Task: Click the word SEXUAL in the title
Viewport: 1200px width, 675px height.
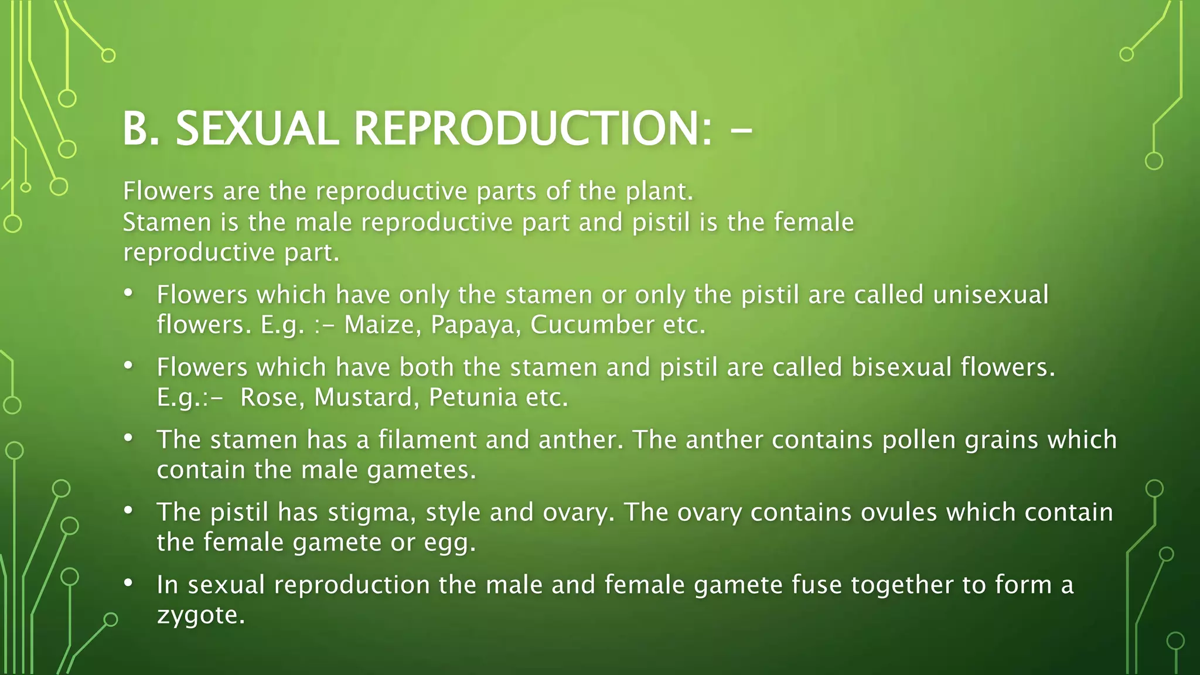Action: coord(257,128)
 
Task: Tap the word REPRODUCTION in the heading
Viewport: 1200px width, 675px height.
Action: coord(533,128)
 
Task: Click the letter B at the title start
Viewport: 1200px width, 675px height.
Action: coord(134,128)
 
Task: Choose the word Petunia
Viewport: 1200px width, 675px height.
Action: coord(473,398)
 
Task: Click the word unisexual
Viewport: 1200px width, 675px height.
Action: coord(990,295)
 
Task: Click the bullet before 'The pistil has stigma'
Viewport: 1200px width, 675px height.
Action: coord(129,510)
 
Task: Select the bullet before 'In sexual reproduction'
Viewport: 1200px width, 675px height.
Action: coord(129,583)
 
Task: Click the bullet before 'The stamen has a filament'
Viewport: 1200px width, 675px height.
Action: coord(129,438)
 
